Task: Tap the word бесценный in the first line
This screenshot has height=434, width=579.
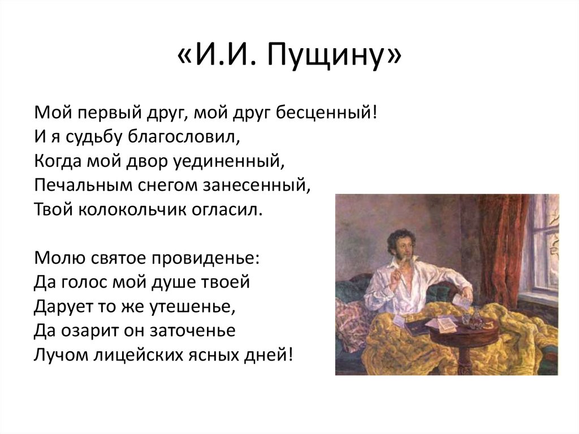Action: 321,112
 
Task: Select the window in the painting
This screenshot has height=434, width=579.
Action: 543,249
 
